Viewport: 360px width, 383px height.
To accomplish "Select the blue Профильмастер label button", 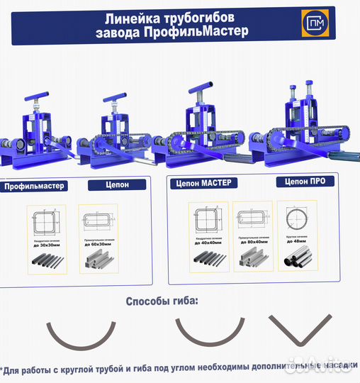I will point(34,187).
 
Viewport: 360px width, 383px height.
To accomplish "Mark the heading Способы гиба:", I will point(162,301).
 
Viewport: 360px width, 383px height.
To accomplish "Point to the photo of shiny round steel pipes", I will point(298,260).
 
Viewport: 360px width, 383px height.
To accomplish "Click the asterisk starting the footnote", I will point(4,369).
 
